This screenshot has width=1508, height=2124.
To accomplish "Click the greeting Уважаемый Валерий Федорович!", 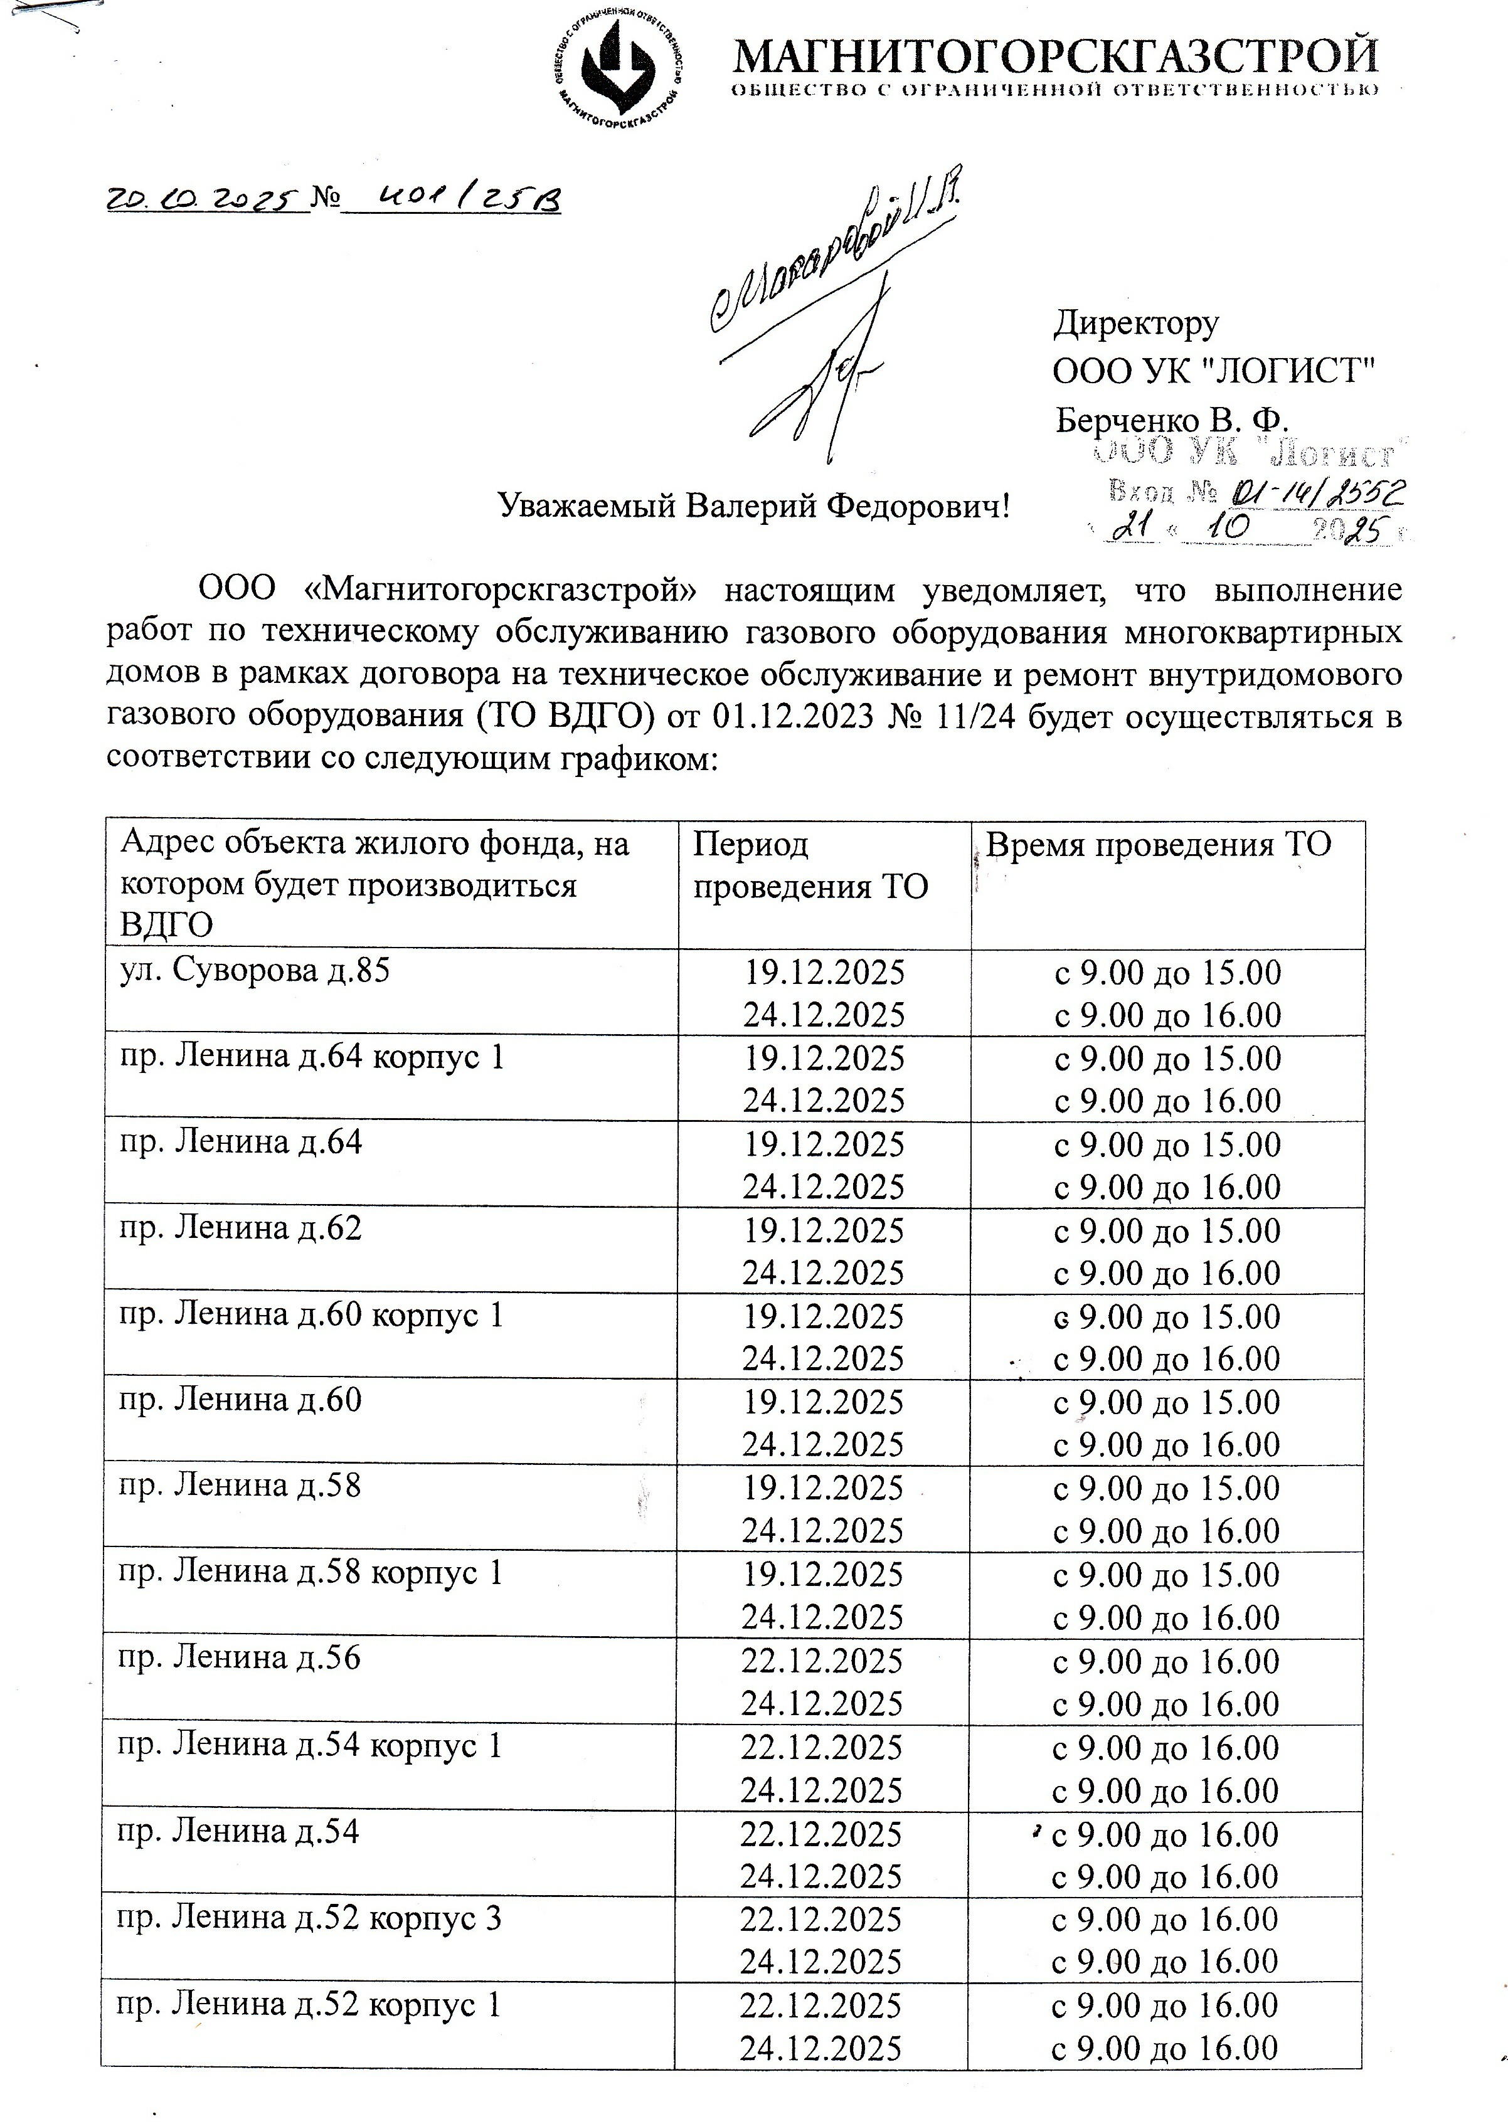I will click(x=753, y=506).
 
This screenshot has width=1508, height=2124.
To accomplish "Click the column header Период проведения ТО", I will click(x=810, y=865).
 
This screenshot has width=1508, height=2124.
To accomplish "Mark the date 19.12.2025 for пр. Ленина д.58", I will click(x=823, y=1488).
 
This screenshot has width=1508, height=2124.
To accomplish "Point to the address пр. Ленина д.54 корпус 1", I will click(x=309, y=1746).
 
